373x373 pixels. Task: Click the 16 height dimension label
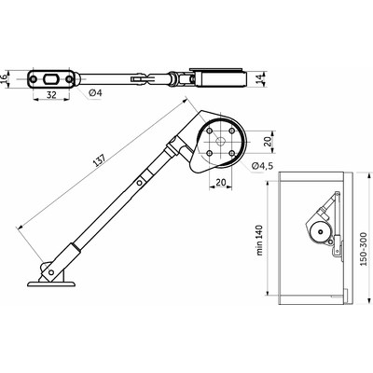coord(7,78)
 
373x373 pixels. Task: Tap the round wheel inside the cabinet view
coord(319,233)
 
